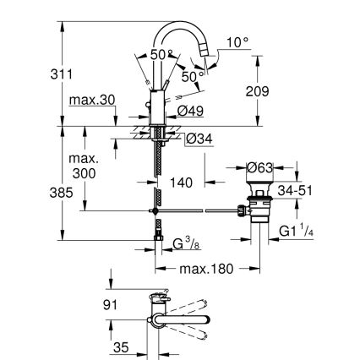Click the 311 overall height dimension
tap(37, 74)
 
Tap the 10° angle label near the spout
tap(239, 41)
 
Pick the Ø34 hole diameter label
tap(199, 139)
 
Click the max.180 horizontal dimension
tap(205, 269)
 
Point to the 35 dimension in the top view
tap(122, 346)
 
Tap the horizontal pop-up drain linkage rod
tap(203, 209)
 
